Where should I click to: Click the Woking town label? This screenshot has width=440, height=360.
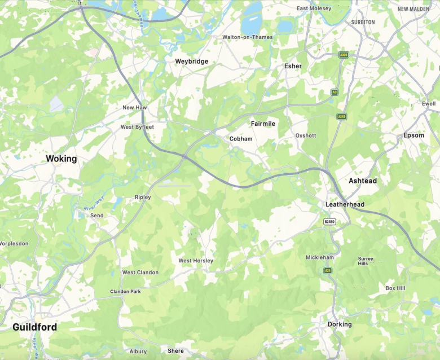pos(61,159)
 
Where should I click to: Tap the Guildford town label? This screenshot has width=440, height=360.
pos(35,327)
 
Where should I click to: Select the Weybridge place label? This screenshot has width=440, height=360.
pos(191,62)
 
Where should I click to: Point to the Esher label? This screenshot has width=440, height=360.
pos(293,66)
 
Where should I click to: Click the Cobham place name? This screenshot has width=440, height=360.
pos(241,139)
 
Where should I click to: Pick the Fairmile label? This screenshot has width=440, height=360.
pos(263,123)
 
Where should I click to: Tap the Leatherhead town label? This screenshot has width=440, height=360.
pos(345,204)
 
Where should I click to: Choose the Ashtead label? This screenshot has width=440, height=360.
pos(362,181)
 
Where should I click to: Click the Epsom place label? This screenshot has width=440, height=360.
pos(413,135)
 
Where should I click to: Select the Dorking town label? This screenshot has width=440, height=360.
pos(340,324)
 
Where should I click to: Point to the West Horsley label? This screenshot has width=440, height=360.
pos(196,261)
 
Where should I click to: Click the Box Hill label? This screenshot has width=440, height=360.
pos(395,288)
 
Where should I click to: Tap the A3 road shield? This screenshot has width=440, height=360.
pos(335,92)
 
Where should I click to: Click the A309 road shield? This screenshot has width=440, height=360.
pos(343,55)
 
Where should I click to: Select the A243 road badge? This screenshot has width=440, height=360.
pos(341,117)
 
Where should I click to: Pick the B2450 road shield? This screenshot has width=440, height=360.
pos(330,222)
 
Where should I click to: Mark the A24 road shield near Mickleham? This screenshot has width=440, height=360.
pos(328,271)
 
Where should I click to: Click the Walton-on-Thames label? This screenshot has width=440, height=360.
pos(248,37)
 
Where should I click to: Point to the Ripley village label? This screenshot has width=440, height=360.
pos(143,197)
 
